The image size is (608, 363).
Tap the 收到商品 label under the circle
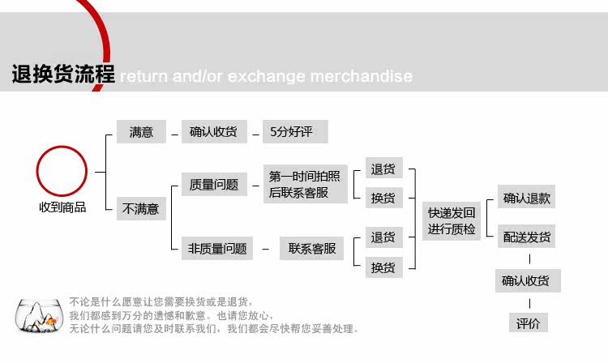click(62, 207)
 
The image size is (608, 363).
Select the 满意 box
click(141, 132)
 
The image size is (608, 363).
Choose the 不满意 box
click(141, 209)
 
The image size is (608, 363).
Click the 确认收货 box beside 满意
click(213, 132)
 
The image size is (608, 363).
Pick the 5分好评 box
click(292, 132)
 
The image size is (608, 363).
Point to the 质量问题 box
click(213, 185)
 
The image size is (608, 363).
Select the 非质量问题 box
click(216, 249)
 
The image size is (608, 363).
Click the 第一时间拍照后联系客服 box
click(305, 185)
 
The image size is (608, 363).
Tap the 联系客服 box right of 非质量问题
click(312, 249)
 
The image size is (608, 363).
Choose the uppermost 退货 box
click(383, 169)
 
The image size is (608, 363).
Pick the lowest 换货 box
click(383, 267)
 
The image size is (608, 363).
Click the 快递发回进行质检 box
click(452, 221)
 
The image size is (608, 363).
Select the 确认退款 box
click(526, 198)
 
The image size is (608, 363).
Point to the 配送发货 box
click(526, 237)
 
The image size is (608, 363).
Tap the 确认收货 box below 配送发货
click(526, 281)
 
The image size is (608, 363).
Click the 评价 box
click(528, 323)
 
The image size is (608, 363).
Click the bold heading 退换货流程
click(62, 75)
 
